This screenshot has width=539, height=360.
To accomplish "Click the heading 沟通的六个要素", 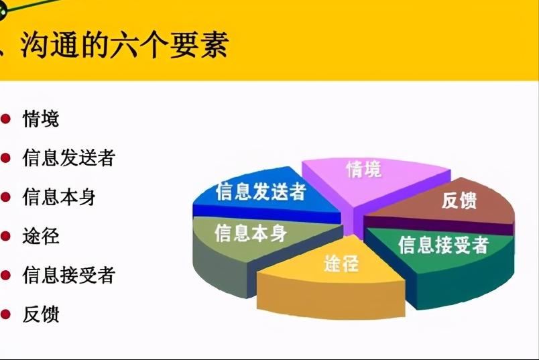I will (124, 44).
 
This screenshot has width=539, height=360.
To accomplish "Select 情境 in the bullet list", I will (41, 119).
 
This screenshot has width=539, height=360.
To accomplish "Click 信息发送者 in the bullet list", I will (69, 158).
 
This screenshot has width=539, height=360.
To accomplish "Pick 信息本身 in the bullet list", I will (59, 197).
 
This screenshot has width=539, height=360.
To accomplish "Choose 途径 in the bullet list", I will (41, 236).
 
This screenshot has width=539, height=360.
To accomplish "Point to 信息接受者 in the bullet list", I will (69, 275).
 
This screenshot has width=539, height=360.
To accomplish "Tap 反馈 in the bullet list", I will (41, 314).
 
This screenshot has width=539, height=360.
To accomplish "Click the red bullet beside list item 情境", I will (6, 119).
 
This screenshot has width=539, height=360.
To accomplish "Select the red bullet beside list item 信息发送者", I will (6, 158).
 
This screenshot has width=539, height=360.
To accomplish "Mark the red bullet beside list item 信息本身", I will (6, 197).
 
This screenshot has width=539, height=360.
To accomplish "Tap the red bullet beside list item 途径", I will (6, 236).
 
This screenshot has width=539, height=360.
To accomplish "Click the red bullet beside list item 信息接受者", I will (6, 275).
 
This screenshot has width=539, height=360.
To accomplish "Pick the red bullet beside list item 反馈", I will (6, 314).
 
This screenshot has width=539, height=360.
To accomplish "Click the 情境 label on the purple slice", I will (363, 170).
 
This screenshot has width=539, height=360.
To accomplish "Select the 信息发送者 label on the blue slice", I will (261, 192).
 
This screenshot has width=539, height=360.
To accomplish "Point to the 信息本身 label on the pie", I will (251, 233).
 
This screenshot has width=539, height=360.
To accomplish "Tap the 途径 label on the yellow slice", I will (341, 263).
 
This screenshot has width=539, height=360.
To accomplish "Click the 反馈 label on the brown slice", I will (459, 200).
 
